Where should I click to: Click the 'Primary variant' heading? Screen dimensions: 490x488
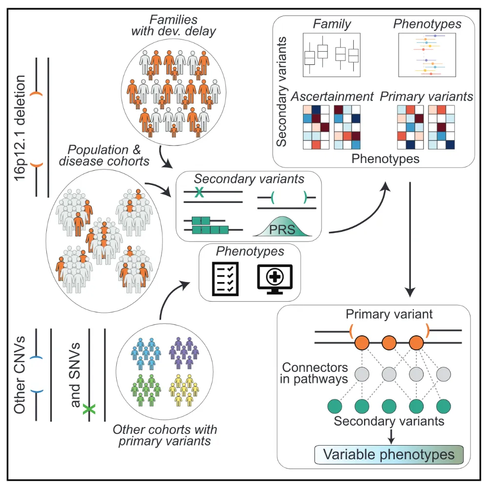point(389,315)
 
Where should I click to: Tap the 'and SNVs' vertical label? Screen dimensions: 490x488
point(75,376)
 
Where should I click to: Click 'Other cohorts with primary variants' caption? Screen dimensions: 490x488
point(165,435)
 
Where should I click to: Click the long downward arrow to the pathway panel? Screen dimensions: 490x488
point(410,239)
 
